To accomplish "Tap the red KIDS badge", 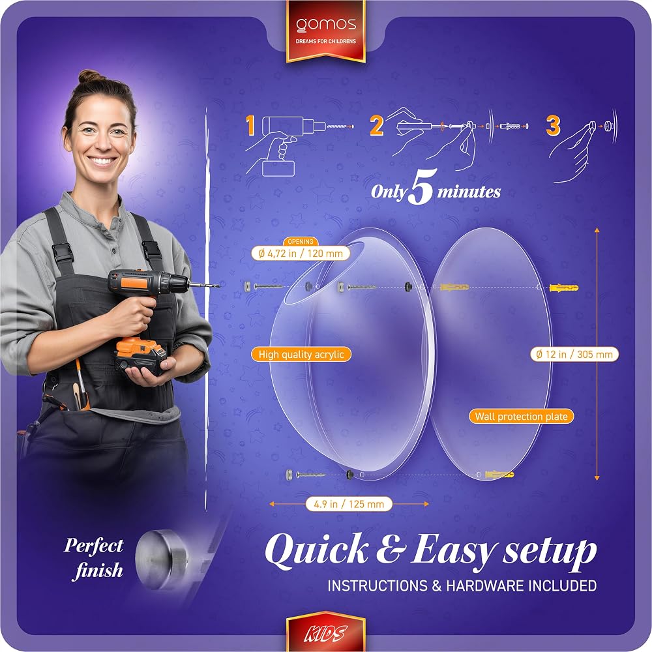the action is click(x=326, y=631).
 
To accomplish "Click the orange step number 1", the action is click(x=250, y=126).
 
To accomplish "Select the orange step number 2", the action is click(x=376, y=126).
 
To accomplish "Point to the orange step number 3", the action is click(x=553, y=126).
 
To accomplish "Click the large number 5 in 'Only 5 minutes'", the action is click(x=421, y=186).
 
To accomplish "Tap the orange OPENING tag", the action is click(x=301, y=242).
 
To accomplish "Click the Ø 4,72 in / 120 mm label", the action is click(x=301, y=253).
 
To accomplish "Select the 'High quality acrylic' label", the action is click(x=301, y=354).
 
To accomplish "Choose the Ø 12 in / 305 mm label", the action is click(x=574, y=354).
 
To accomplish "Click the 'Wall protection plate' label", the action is click(x=522, y=416).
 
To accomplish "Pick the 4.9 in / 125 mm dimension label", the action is click(x=349, y=504).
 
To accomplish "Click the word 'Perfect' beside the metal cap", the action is click(x=93, y=546).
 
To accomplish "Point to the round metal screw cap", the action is click(x=162, y=559).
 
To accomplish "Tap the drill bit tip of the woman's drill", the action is click(x=218, y=286).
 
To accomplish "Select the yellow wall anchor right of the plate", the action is click(x=564, y=288).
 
